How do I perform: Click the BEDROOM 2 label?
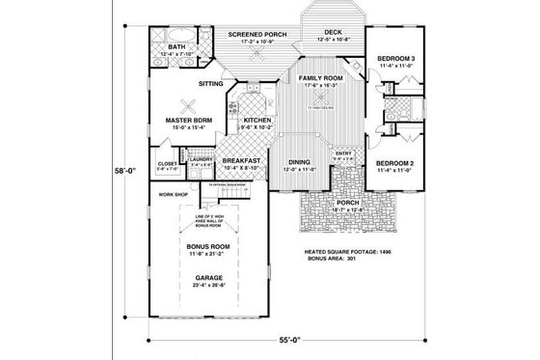pos(394,162)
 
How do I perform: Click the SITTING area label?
pos(210,84)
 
